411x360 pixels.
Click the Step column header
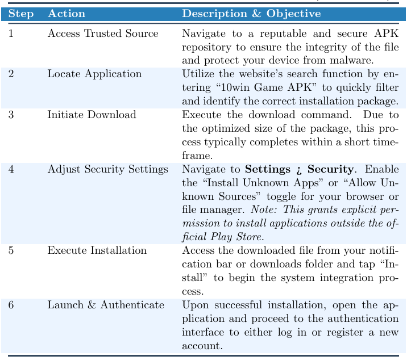click(x=21, y=14)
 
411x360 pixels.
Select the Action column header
click(x=67, y=14)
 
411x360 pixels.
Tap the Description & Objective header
click(x=251, y=14)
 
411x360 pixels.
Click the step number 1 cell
click(x=11, y=34)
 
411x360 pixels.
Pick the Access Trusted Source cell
click(x=103, y=34)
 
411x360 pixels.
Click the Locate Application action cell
click(x=94, y=74)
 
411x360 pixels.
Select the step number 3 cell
click(x=11, y=115)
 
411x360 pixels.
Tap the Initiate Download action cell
click(x=92, y=115)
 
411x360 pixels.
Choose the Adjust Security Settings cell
click(x=107, y=169)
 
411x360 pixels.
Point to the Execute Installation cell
click(x=97, y=250)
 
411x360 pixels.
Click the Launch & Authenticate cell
click(x=106, y=305)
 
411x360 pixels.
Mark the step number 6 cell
click(x=11, y=305)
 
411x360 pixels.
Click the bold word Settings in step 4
click(x=267, y=169)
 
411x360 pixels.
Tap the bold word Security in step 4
click(x=330, y=169)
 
